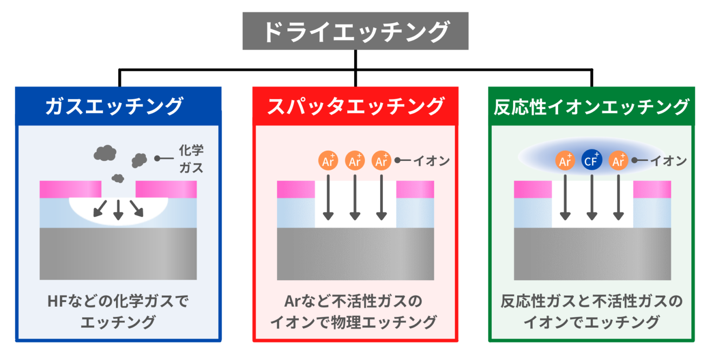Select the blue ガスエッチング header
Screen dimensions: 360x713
click(118, 107)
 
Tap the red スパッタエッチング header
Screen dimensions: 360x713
click(356, 107)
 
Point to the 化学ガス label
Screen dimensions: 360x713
click(191, 159)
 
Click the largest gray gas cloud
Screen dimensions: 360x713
click(105, 152)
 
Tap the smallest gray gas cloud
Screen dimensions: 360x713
click(118, 178)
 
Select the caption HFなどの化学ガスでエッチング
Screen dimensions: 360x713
click(118, 311)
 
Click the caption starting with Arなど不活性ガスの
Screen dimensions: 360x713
click(356, 311)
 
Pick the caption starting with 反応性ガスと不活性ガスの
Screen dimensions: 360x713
click(592, 311)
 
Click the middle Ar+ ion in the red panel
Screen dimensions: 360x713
click(355, 161)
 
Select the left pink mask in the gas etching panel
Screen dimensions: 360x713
click(70, 189)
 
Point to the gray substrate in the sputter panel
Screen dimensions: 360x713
click(356, 254)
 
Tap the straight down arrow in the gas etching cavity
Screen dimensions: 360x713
click(118, 210)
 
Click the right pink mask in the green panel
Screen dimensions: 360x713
click(652, 189)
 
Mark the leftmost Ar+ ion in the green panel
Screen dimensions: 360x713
click(565, 161)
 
